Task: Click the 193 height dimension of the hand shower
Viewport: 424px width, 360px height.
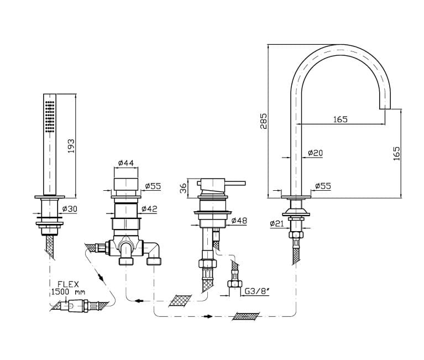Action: click(x=71, y=146)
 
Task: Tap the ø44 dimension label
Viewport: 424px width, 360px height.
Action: click(x=126, y=163)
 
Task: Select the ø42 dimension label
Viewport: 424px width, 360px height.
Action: click(x=149, y=208)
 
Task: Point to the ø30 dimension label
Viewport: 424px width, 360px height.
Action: click(x=70, y=209)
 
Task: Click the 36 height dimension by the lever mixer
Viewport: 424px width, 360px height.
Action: click(x=184, y=188)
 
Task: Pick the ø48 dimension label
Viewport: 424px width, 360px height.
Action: click(x=239, y=221)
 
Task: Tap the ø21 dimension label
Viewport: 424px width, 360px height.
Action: click(x=276, y=223)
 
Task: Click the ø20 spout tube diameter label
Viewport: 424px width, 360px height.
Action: click(x=315, y=153)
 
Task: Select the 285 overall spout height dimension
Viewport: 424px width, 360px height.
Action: click(x=263, y=121)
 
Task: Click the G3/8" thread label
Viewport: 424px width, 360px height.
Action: click(x=257, y=291)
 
